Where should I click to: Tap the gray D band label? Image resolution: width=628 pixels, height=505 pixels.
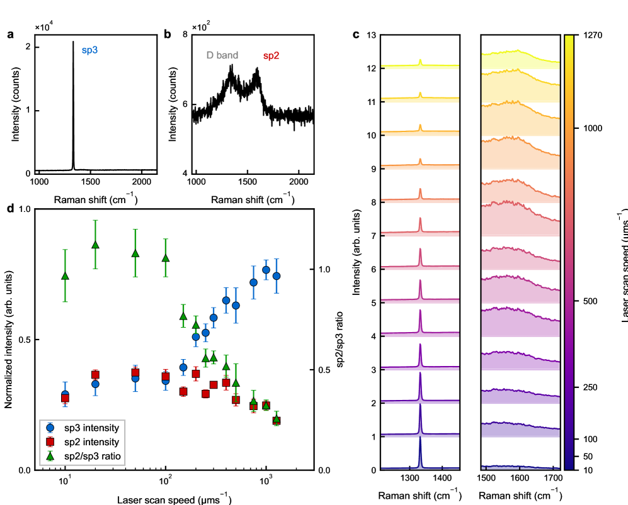click(x=222, y=55)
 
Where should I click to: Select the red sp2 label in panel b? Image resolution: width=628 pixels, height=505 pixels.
click(x=271, y=55)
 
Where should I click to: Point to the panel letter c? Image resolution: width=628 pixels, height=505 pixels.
click(x=356, y=35)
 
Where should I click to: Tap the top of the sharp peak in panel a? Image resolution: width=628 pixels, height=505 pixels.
click(x=73, y=42)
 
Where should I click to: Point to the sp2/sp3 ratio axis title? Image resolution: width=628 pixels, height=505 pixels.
click(x=341, y=340)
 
